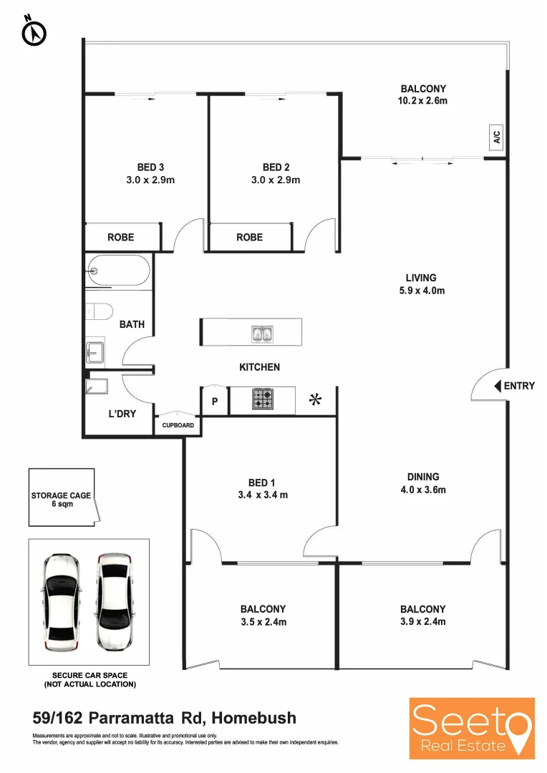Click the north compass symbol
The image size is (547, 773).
[x=34, y=31]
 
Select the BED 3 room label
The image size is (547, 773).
[x=150, y=167]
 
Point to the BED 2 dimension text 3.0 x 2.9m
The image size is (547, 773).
[x=276, y=180]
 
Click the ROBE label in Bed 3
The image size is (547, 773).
[x=120, y=237]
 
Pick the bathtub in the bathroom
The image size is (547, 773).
[x=117, y=271]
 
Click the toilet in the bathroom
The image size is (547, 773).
[x=99, y=311]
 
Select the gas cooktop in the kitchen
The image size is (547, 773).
[x=261, y=399]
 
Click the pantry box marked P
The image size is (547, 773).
[x=214, y=402]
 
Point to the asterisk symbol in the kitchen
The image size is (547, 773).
[x=314, y=400]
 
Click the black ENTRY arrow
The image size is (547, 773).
[x=498, y=386]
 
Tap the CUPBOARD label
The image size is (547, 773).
[x=178, y=425]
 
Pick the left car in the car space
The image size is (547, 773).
[x=60, y=601]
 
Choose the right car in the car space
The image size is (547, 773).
[x=115, y=601]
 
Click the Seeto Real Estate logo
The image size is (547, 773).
[x=472, y=727]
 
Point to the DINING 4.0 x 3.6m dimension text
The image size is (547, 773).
[x=422, y=490]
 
